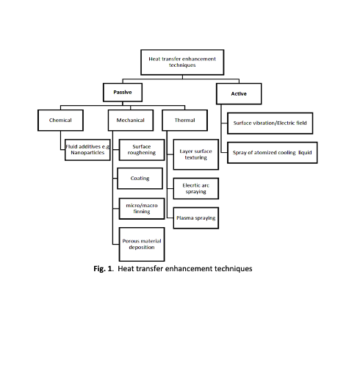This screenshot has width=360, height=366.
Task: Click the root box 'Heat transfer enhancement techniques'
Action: (x=182, y=62)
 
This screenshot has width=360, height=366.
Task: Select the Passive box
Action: (x=123, y=93)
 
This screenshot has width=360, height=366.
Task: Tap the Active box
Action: (x=239, y=94)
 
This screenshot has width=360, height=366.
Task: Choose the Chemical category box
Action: (x=60, y=121)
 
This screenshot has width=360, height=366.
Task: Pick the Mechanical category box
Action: (x=131, y=121)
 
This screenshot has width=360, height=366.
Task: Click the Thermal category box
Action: (x=185, y=121)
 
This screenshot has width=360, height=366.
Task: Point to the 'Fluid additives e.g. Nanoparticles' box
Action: (x=87, y=150)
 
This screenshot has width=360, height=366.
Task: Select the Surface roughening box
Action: (x=142, y=150)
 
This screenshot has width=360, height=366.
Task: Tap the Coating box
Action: (x=140, y=179)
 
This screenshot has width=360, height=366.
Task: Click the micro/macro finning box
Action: (x=142, y=209)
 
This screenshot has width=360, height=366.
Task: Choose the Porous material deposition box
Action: (x=142, y=244)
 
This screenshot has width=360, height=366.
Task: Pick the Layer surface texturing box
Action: (x=196, y=154)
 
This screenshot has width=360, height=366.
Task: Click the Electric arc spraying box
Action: (x=196, y=188)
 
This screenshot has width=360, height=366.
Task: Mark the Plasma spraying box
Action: (x=196, y=218)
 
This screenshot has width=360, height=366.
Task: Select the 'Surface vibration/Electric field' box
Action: (x=270, y=123)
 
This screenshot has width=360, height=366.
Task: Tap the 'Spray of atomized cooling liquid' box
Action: (x=273, y=153)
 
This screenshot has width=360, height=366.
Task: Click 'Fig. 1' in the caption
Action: (x=103, y=269)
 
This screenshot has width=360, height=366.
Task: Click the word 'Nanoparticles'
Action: (x=87, y=153)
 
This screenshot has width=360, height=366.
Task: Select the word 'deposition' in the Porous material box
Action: (x=142, y=248)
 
